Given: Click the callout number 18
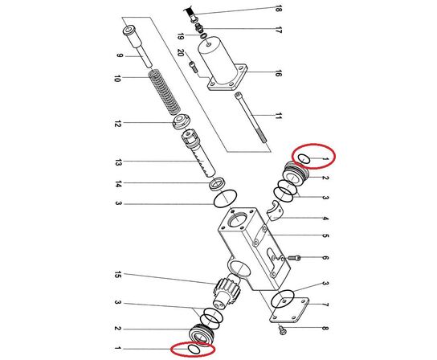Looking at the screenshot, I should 279,9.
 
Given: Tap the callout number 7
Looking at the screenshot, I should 325,305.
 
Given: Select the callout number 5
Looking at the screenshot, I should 325,235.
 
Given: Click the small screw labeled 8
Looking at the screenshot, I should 282,329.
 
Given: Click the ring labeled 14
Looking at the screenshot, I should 217,186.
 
